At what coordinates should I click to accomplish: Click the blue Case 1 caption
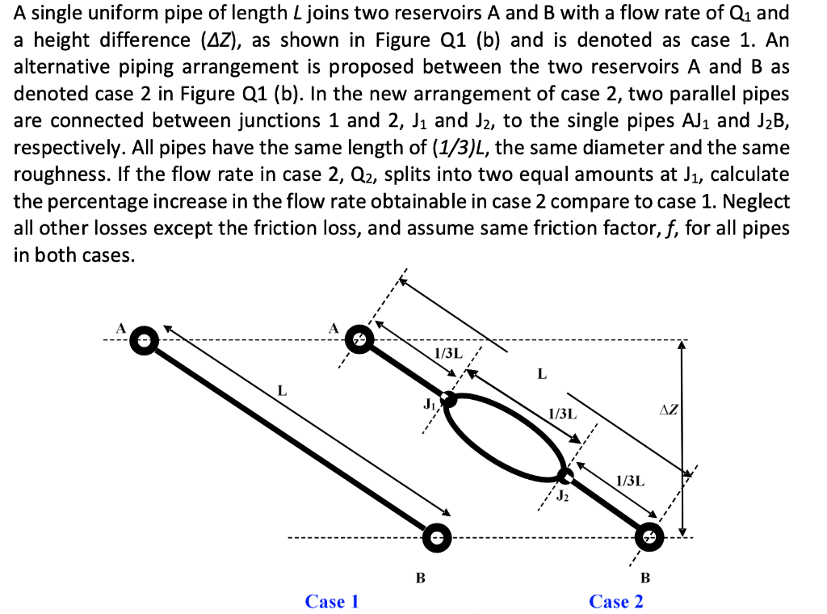click(x=332, y=601)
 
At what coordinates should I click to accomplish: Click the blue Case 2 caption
click(x=616, y=601)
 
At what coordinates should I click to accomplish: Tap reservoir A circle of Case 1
click(x=144, y=339)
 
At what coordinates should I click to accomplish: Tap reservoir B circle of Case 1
click(x=436, y=535)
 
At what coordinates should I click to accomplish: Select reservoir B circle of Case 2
click(x=648, y=534)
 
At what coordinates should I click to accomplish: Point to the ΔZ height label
click(x=670, y=410)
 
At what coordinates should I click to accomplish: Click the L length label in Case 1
click(x=282, y=391)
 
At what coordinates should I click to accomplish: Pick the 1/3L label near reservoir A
click(x=448, y=353)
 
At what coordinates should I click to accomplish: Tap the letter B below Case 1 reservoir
click(x=419, y=578)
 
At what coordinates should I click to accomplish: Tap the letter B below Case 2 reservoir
click(x=644, y=578)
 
